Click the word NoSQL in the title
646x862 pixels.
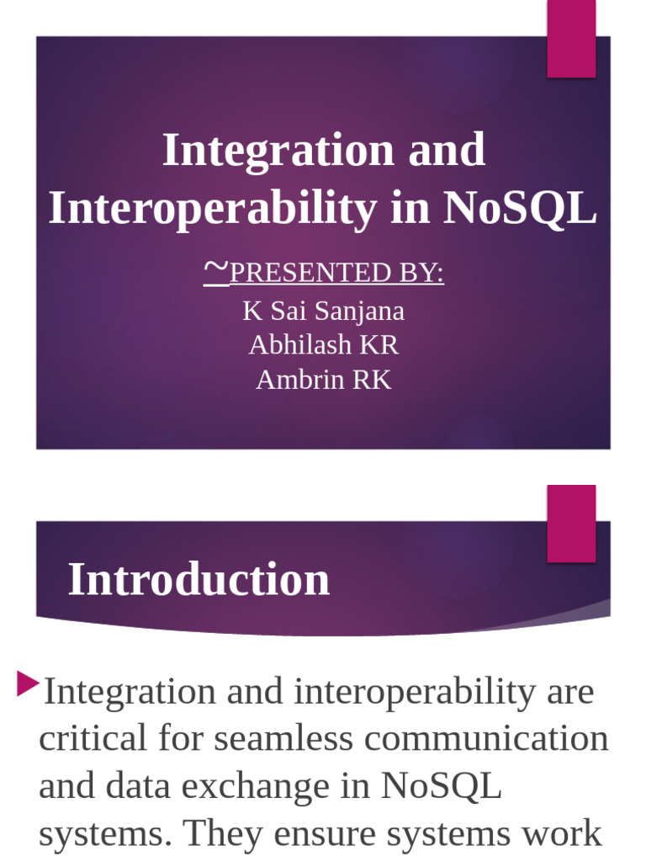[520, 209]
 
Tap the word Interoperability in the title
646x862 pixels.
[211, 209]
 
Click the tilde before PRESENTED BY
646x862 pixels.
[215, 269]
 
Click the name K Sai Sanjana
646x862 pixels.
[323, 311]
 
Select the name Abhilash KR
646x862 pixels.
[323, 345]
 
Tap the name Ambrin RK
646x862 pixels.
[323, 380]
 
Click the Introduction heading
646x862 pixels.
[199, 580]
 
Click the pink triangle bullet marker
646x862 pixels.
[28, 684]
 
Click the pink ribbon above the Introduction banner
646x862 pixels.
[571, 523]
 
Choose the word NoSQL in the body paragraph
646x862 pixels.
[441, 786]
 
